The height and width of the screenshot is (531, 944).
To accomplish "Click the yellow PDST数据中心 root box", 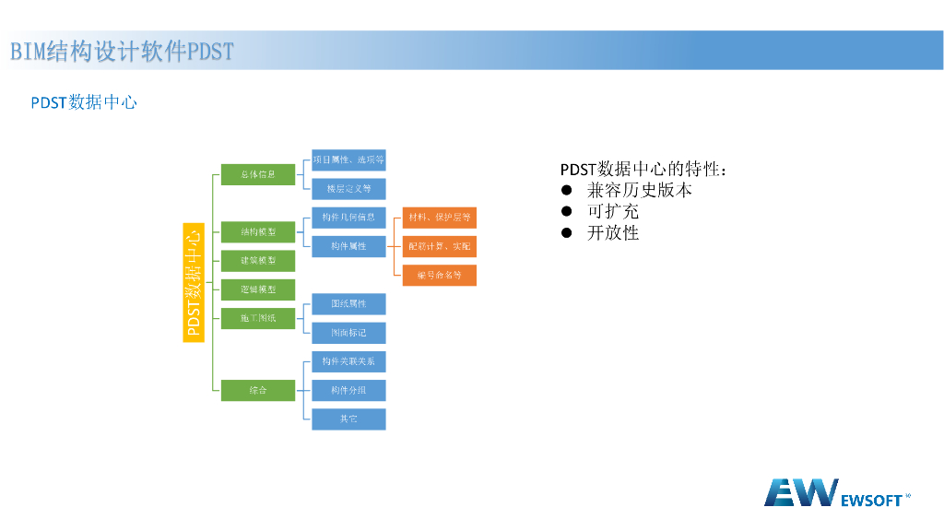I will (x=193, y=282).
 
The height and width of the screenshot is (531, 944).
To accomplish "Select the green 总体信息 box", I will (x=258, y=174).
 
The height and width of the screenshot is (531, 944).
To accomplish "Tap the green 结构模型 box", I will (x=258, y=231).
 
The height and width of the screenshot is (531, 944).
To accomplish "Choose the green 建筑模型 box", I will (x=258, y=260).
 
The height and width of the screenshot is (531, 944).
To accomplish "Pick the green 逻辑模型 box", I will (x=258, y=289).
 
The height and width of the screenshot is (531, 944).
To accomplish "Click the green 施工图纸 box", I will (x=258, y=318).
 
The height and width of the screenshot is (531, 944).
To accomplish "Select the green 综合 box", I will (x=258, y=390).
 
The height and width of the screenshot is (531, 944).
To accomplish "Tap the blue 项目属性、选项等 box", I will (x=348, y=160).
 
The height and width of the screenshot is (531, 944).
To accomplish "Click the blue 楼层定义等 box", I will (x=348, y=189).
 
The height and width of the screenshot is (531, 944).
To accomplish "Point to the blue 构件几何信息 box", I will (x=348, y=218).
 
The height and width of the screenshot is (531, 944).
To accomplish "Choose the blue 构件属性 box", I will (x=348, y=246).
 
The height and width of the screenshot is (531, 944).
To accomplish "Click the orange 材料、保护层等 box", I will (x=440, y=218).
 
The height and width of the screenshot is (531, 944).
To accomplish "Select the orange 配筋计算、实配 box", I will (x=440, y=246).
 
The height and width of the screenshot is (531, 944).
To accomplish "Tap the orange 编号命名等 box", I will (x=440, y=275).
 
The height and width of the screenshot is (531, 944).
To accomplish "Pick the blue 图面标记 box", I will (x=348, y=332).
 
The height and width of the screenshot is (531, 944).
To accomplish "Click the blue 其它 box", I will (x=348, y=419).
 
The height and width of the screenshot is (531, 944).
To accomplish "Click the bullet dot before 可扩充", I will (x=567, y=212).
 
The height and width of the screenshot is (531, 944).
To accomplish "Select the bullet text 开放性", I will (x=613, y=233).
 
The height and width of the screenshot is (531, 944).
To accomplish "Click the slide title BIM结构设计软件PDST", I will (x=122, y=51).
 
